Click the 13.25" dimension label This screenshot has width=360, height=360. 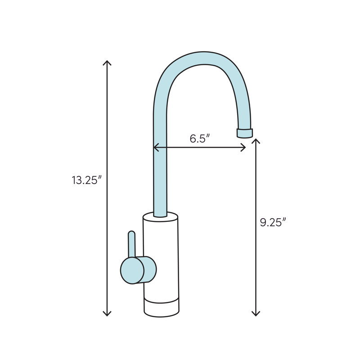pos(87,180)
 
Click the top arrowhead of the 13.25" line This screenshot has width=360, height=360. pos(107,62)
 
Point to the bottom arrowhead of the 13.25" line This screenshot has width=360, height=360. pos(107,313)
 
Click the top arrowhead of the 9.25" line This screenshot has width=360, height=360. pos(256,141)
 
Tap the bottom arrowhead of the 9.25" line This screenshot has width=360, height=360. pos(256,313)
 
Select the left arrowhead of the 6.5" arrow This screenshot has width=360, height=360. pos(156,147)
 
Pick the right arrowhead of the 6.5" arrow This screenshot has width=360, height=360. pos(243,147)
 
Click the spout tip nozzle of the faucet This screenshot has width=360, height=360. pos(244,133)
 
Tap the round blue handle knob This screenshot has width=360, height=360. pos(132,270)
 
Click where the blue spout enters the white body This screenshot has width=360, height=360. pos(161,216)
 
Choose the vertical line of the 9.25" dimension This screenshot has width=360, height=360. pos(256,270)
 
